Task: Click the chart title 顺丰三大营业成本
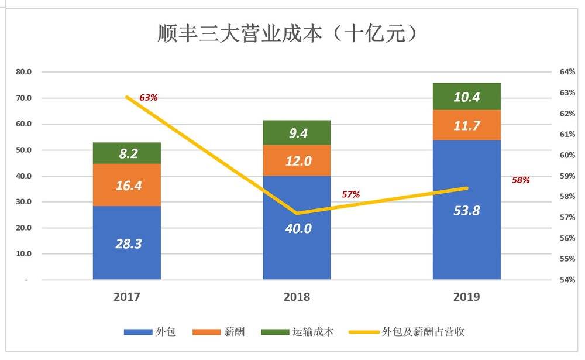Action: pos(287,33)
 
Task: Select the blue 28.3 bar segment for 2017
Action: pos(127,242)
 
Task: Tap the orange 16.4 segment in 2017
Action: pos(127,185)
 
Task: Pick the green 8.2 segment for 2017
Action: pos(127,153)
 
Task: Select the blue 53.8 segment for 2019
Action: pos(466,210)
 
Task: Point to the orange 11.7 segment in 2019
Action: pos(466,125)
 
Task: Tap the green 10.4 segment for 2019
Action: pos(466,97)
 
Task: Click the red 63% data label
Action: pos(148,97)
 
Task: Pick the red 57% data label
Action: pos(350,194)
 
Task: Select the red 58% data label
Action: pos(520,180)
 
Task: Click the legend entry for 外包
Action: pos(150,332)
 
